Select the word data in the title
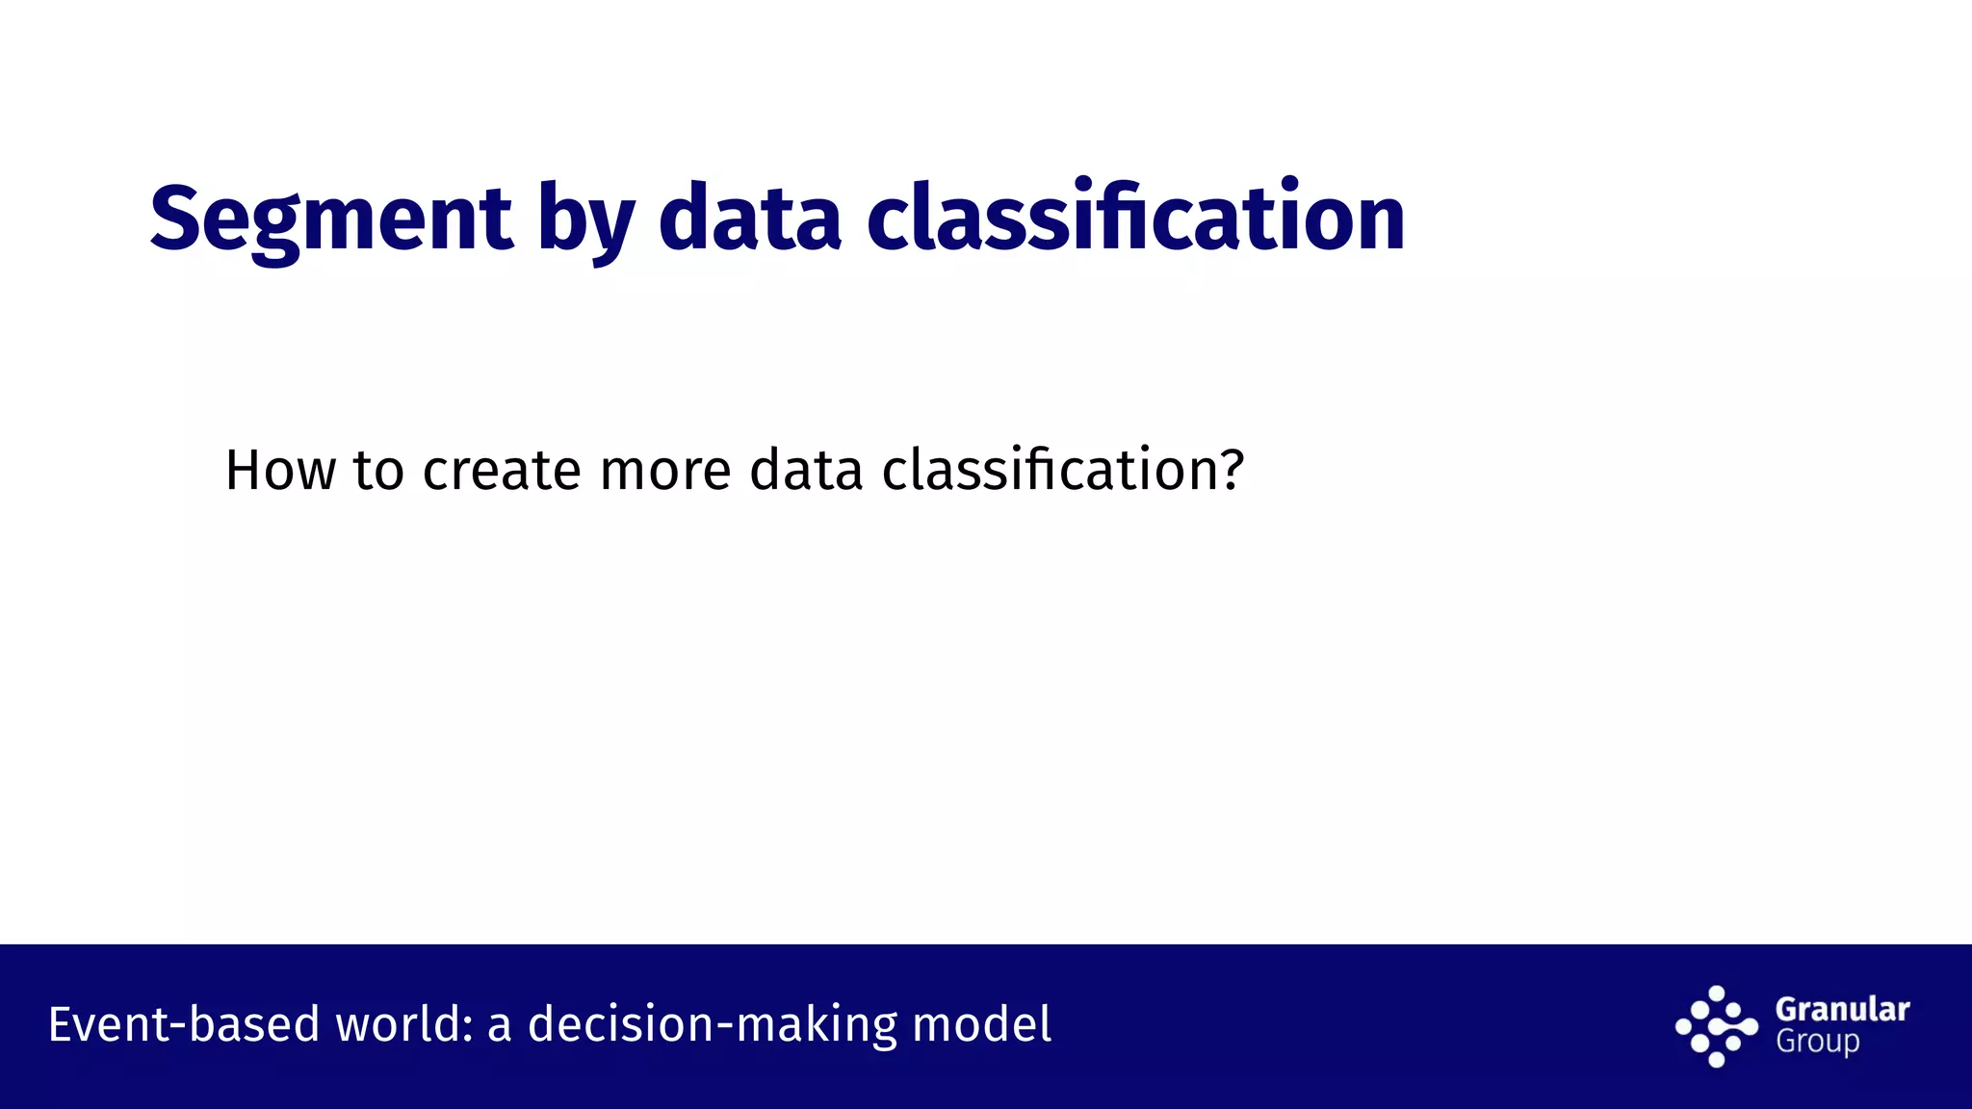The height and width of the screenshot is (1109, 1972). point(750,219)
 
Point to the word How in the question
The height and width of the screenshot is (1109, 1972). point(280,471)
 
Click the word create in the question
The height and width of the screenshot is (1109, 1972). point(502,471)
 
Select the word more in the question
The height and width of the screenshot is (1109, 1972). point(665,471)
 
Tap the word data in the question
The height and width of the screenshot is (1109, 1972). point(806,471)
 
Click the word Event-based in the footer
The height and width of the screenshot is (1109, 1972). point(183,1024)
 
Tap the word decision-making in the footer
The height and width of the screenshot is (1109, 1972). point(713,1024)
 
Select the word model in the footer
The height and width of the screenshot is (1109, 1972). point(981,1024)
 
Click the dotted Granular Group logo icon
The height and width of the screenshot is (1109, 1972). point(1716,1026)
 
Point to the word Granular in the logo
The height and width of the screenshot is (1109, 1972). point(1842,1009)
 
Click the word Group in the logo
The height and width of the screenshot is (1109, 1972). point(1817,1042)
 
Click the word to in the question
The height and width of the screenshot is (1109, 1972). point(378,471)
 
